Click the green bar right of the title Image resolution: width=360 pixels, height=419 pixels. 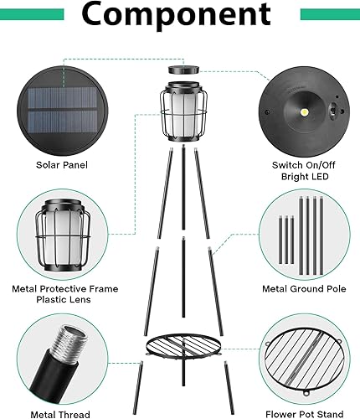(x=330, y=14)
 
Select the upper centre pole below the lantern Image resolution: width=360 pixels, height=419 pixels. (x=182, y=184)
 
